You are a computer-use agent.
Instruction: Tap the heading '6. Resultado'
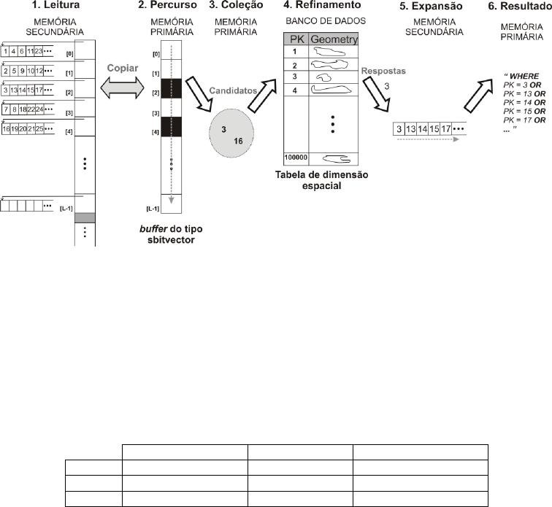pyautogui.click(x=517, y=6)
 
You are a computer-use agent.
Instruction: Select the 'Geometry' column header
pyautogui.click(x=334, y=39)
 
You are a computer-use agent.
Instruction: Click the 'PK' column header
pyautogui.click(x=296, y=39)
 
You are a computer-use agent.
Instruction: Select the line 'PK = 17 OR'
pyautogui.click(x=522, y=120)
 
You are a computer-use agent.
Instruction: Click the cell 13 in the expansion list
pyautogui.click(x=411, y=128)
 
